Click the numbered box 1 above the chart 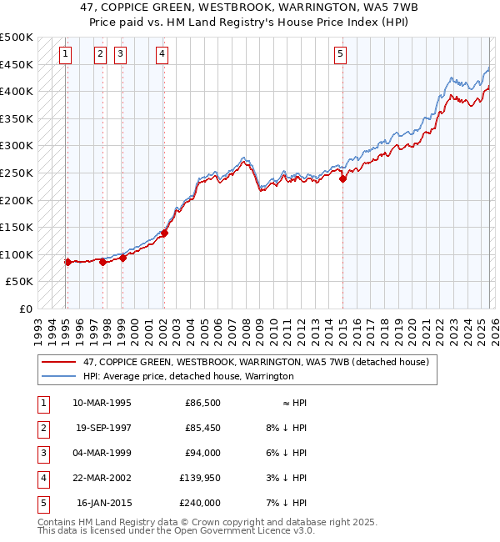pyautogui.click(x=66, y=54)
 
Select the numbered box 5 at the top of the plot pyautogui.click(x=341, y=54)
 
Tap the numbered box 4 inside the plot pyautogui.click(x=162, y=54)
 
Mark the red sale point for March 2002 pyautogui.click(x=164, y=233)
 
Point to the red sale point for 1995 pyautogui.click(x=67, y=262)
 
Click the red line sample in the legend pyautogui.click(x=59, y=362)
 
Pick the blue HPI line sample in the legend pyautogui.click(x=59, y=376)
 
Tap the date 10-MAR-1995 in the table pyautogui.click(x=102, y=403)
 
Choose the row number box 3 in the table pyautogui.click(x=42, y=453)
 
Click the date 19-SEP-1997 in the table pyautogui.click(x=103, y=428)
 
